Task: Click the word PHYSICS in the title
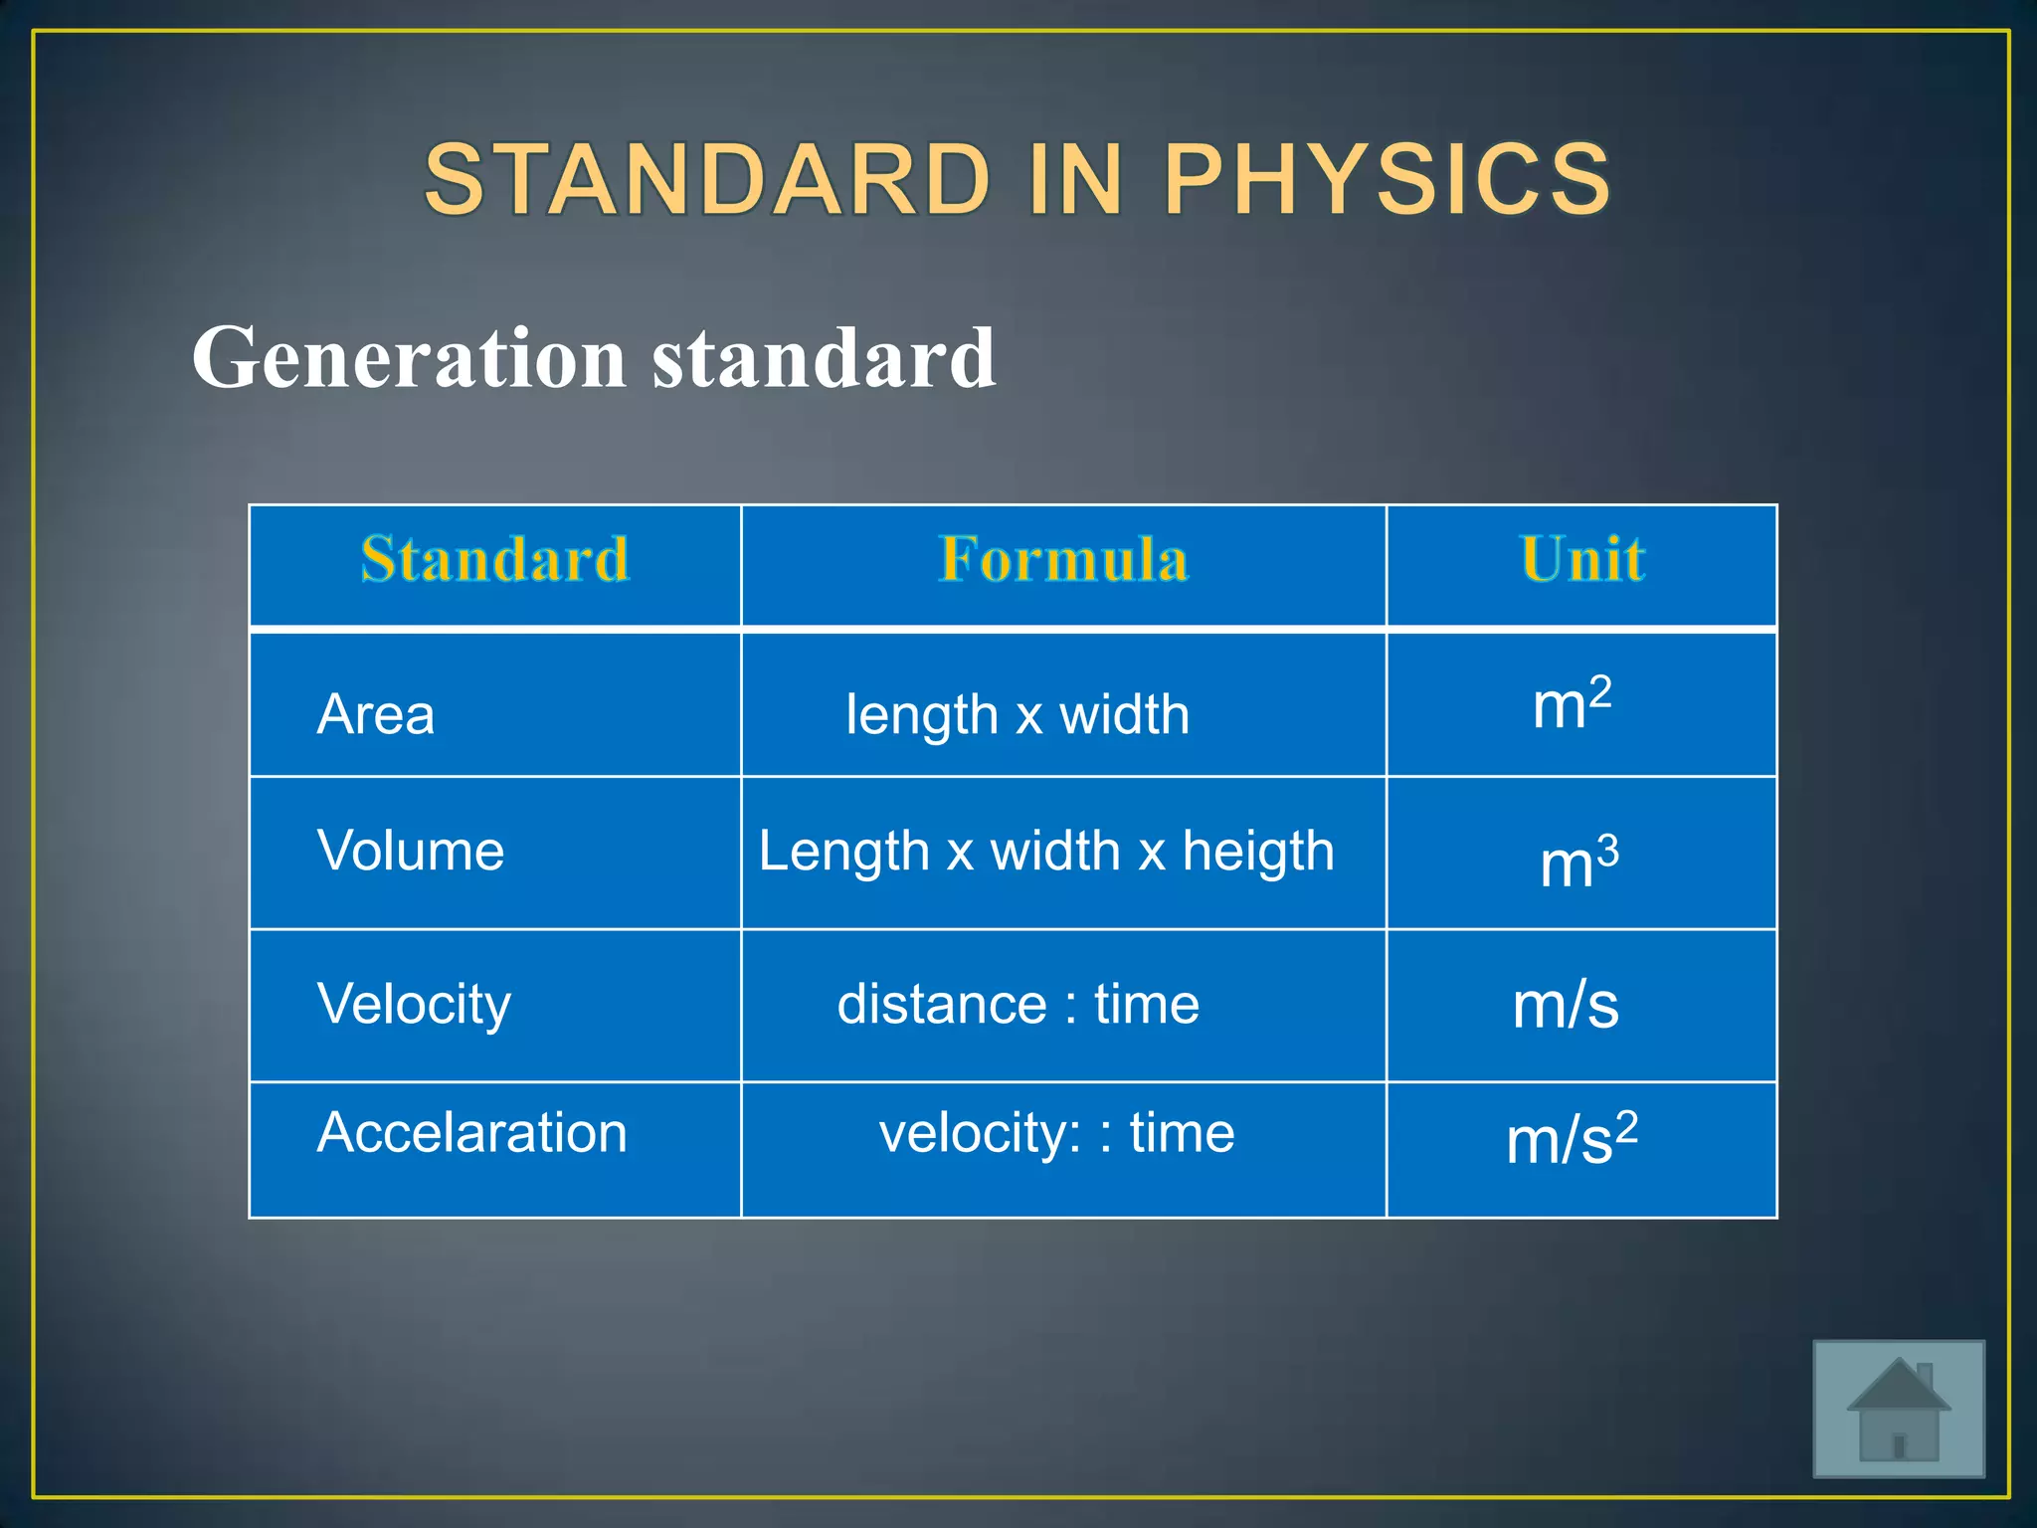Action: (x=1387, y=179)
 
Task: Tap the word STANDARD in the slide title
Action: (x=708, y=179)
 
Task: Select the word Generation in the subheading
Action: (x=409, y=358)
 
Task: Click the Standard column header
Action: (x=494, y=559)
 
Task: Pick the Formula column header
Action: (x=1063, y=559)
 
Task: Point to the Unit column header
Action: (x=1581, y=559)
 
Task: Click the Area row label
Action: (x=376, y=714)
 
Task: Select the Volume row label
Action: (x=410, y=852)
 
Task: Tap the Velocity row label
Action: (x=414, y=1004)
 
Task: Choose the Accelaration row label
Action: (x=471, y=1133)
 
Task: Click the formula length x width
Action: (x=1017, y=715)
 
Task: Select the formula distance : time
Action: (x=1018, y=1004)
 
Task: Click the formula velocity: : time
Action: (x=1056, y=1133)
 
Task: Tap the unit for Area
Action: (x=1572, y=704)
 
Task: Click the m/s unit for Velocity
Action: (x=1566, y=1006)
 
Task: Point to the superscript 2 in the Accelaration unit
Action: (x=1626, y=1127)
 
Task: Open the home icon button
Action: (x=1898, y=1408)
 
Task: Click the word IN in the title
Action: (x=1076, y=179)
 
